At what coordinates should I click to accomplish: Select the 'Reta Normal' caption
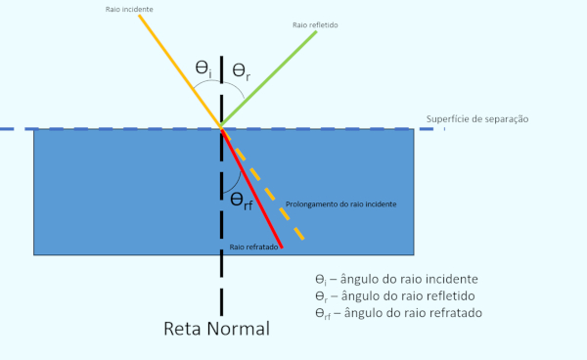[215, 328]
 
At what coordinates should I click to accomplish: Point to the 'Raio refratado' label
[255, 247]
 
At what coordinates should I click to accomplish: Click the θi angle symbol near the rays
[203, 68]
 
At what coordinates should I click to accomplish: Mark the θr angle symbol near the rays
[242, 70]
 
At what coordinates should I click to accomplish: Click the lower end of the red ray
[281, 246]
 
